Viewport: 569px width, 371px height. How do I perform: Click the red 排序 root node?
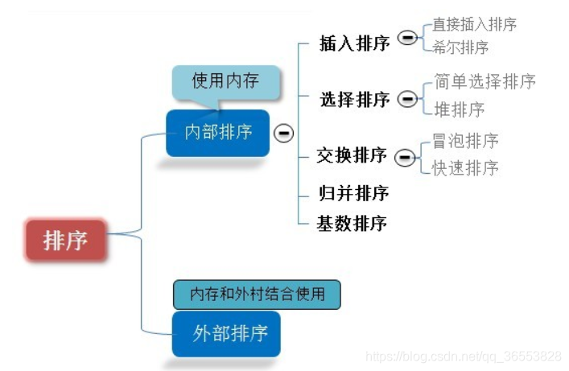[x=65, y=240]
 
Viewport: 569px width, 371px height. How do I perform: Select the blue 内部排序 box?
[x=217, y=132]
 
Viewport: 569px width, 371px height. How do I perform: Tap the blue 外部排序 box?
[x=226, y=333]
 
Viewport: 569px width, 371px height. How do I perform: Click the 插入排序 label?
[x=354, y=43]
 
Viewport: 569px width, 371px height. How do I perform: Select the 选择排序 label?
[x=354, y=100]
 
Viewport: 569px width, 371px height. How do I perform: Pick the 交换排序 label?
[x=353, y=155]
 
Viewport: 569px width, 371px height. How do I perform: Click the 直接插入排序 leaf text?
[x=474, y=24]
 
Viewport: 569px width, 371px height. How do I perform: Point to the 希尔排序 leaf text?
[x=460, y=47]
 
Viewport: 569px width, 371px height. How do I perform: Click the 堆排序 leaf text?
[x=459, y=109]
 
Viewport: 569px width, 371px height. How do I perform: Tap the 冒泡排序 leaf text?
[x=465, y=141]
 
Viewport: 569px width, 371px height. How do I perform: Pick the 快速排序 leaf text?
[x=465, y=167]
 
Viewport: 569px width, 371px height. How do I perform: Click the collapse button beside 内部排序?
[x=283, y=133]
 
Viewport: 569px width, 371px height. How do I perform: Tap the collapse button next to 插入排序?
[x=407, y=38]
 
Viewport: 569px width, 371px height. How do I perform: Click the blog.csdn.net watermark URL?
[x=463, y=356]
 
